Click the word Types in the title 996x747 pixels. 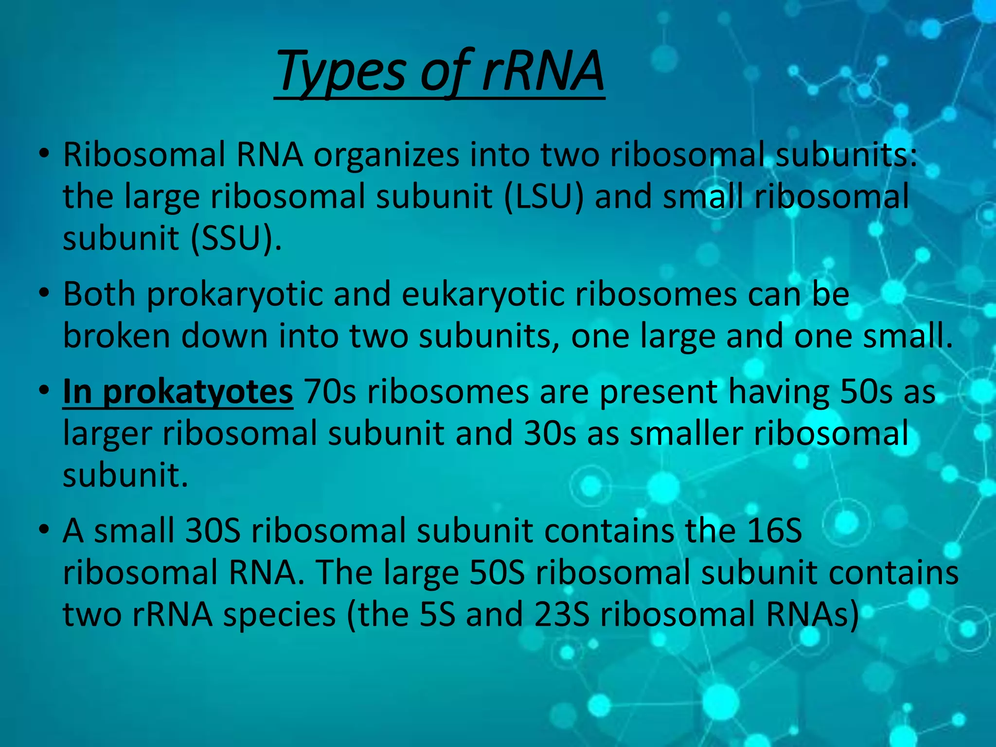[x=340, y=73]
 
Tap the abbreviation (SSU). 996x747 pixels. [x=235, y=239]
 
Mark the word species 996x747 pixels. [x=279, y=615]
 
